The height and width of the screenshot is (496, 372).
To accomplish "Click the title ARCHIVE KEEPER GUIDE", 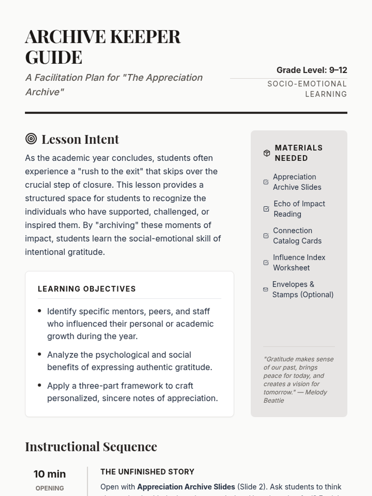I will click(x=103, y=46).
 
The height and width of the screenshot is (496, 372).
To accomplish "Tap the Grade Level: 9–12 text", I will click(x=312, y=70).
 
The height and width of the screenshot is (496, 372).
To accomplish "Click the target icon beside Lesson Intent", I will click(x=31, y=139).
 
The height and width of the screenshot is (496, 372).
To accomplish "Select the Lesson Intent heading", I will click(x=80, y=139).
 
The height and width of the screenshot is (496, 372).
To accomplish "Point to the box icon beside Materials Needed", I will click(x=267, y=153).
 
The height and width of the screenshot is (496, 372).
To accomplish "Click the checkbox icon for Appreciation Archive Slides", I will click(x=266, y=182).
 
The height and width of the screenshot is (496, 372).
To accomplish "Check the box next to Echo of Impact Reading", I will click(x=266, y=209).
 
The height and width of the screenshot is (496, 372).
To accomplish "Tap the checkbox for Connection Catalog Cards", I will click(x=266, y=236).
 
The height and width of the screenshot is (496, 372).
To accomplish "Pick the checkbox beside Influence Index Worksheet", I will click(x=266, y=263).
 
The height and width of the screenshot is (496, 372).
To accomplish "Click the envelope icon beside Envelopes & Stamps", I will click(x=266, y=289).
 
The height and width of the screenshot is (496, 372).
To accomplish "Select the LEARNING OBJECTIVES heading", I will click(x=87, y=289).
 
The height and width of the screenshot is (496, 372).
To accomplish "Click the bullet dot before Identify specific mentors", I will click(x=39, y=311).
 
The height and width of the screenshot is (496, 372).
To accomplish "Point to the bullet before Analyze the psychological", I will click(x=39, y=354).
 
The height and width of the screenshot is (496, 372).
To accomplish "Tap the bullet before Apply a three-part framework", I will click(x=39, y=385).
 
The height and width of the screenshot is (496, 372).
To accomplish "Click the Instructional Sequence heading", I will click(x=91, y=447).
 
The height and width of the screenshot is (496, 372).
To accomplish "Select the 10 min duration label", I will click(x=50, y=474).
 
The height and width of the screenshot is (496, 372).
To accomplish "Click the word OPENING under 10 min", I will click(x=50, y=488).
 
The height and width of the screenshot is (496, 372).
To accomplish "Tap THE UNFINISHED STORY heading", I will click(x=147, y=472).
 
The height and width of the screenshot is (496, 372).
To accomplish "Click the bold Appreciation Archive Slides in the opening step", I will click(x=186, y=487).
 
